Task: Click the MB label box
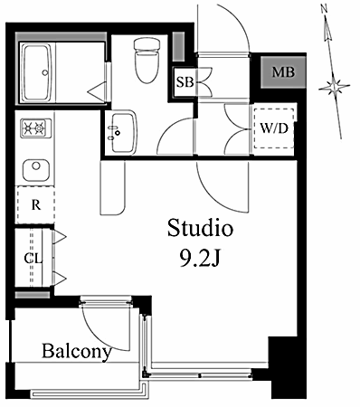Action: point(283,72)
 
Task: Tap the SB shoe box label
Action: point(185,82)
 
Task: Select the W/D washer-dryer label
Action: point(274,128)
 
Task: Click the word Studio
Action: point(200,228)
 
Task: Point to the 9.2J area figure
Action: point(199,259)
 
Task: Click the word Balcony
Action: point(77,351)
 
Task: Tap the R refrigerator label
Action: point(36,205)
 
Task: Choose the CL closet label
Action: point(33,259)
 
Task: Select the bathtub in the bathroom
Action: point(37,72)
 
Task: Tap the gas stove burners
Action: point(35,128)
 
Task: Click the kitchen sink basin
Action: point(36,170)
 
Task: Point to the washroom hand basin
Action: point(123,132)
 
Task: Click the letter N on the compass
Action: point(325,9)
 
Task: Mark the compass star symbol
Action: point(334,86)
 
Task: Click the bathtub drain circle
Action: point(45,72)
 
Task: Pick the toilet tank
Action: point(147,43)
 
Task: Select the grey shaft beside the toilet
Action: point(178,47)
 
